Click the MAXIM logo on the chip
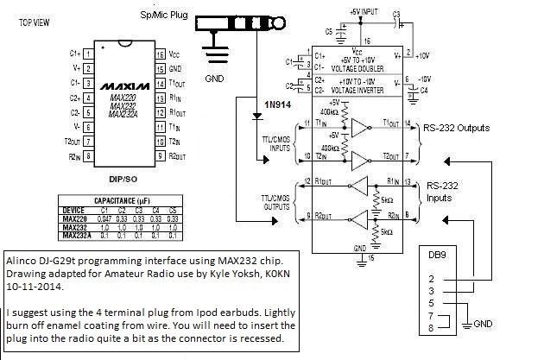coord(126,87)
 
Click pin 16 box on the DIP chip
coord(160,54)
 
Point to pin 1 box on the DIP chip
coord(89,54)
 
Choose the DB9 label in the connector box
coord(440,256)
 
